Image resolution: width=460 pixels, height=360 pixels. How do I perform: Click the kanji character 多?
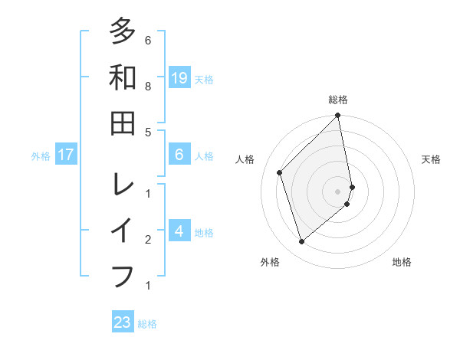123,31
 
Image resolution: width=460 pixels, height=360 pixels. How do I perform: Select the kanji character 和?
123,77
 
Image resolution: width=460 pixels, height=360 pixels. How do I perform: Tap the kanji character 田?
123,123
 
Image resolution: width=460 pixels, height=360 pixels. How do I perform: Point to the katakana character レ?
123,184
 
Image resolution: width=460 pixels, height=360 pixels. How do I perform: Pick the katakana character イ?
123,230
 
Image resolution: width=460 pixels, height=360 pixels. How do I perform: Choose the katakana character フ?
123,276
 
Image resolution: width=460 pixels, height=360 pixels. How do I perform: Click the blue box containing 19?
179,77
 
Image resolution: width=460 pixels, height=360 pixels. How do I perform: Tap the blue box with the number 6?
179,155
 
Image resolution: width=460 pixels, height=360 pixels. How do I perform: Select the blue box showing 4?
179,231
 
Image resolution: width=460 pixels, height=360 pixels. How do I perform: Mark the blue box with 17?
66,155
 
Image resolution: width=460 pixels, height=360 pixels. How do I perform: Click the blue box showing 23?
123,322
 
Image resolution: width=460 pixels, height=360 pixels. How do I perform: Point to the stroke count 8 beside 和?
148,87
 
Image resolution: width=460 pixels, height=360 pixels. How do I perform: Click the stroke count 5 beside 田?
148,132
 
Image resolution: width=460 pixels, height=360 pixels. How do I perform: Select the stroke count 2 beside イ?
148,240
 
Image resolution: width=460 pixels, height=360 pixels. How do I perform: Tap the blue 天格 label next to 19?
204,79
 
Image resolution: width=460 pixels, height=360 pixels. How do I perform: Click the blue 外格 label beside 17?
41,156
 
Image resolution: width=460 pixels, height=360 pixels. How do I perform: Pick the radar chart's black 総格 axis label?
338,100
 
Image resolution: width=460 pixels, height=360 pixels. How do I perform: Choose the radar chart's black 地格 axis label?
402,262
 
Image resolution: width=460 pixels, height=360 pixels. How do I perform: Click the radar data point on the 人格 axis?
280,172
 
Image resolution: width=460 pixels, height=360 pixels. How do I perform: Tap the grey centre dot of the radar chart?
338,191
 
